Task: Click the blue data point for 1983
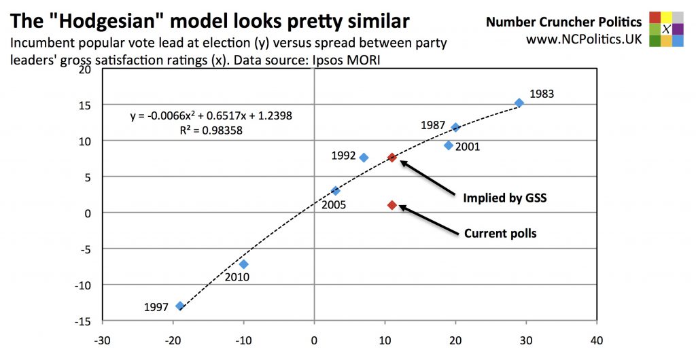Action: click(519, 103)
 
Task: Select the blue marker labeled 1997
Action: click(180, 306)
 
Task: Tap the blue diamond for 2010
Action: click(244, 264)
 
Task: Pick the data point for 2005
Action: click(335, 191)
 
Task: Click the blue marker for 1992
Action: click(364, 158)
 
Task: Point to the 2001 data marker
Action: click(449, 145)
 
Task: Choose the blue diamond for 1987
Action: click(455, 127)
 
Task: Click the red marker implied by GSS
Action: click(392, 158)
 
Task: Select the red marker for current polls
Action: click(392, 205)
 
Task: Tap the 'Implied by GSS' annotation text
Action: click(505, 198)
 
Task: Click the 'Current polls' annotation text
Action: click(500, 234)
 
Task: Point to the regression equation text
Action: click(211, 116)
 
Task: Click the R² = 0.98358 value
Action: click(211, 130)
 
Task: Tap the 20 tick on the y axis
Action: click(86, 69)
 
